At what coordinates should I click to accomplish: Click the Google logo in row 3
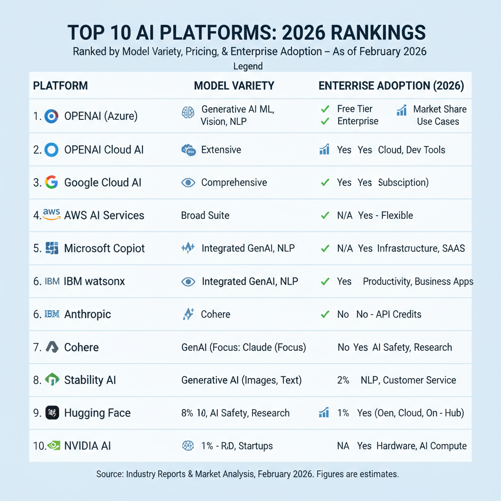pyautogui.click(x=51, y=182)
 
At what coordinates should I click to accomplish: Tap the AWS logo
pyautogui.click(x=51, y=215)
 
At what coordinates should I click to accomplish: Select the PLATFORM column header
pyautogui.click(x=60, y=86)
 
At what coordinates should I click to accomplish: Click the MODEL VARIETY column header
pyautogui.click(x=234, y=86)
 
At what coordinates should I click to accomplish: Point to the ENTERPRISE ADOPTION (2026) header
pyautogui.click(x=391, y=86)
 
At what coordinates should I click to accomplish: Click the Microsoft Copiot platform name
pyautogui.click(x=104, y=248)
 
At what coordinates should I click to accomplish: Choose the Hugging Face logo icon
pyautogui.click(x=52, y=412)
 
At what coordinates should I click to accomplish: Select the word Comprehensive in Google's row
pyautogui.click(x=234, y=182)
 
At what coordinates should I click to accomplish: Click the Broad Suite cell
pyautogui.click(x=205, y=215)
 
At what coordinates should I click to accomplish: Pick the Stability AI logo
pyautogui.click(x=52, y=380)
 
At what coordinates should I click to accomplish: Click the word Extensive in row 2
pyautogui.click(x=221, y=150)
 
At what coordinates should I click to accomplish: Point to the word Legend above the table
pyautogui.click(x=248, y=66)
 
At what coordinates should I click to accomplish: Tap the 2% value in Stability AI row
pyautogui.click(x=343, y=380)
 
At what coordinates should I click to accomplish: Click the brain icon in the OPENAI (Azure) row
pyautogui.click(x=188, y=113)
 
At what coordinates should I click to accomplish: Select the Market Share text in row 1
pyautogui.click(x=439, y=109)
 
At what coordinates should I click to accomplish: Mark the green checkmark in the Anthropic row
pyautogui.click(x=324, y=314)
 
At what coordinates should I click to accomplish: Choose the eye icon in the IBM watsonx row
pyautogui.click(x=188, y=281)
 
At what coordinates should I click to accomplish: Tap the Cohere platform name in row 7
pyautogui.click(x=81, y=347)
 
